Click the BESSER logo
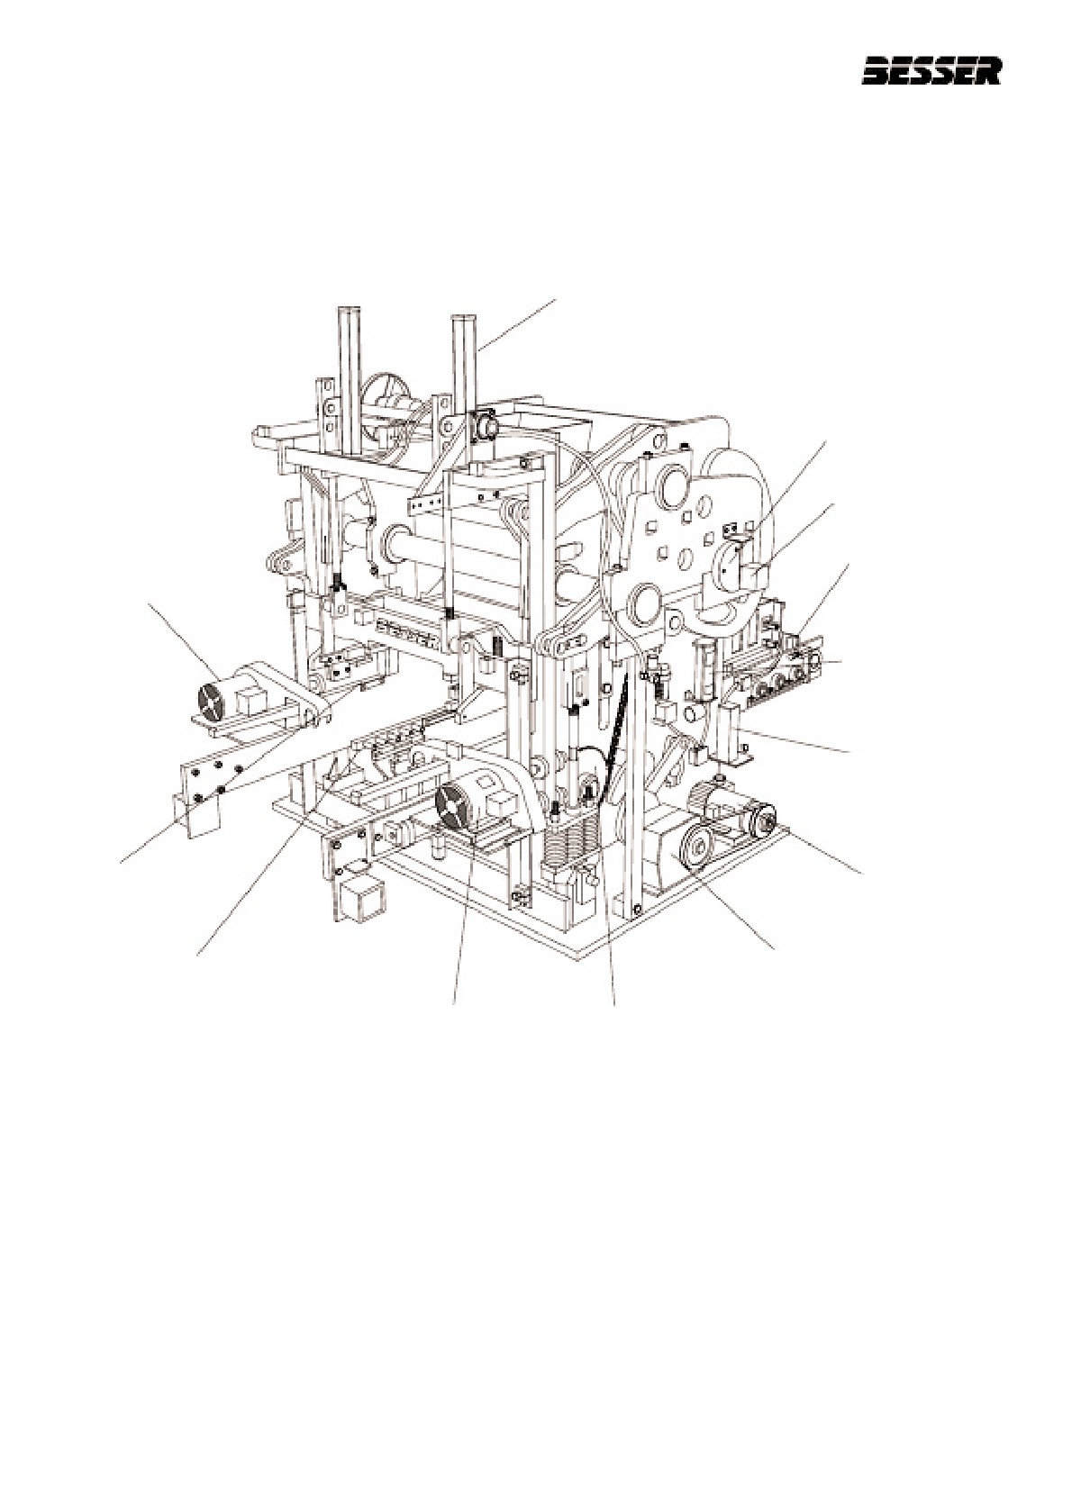[931, 71]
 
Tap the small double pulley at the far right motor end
[761, 821]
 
